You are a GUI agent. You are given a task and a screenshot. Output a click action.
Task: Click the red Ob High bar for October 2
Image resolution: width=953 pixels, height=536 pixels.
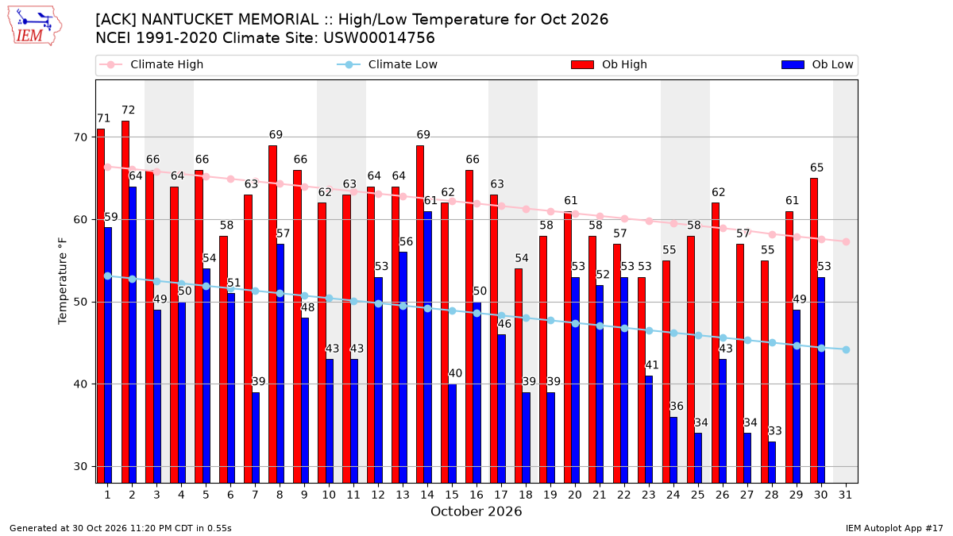click(x=125, y=302)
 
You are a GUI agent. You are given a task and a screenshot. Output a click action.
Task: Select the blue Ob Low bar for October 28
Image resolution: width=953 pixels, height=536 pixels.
click(x=772, y=462)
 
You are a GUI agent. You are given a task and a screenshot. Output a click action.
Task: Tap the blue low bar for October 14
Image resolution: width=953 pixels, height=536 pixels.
click(x=427, y=347)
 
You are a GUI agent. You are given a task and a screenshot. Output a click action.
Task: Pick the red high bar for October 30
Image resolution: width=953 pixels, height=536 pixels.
click(x=814, y=330)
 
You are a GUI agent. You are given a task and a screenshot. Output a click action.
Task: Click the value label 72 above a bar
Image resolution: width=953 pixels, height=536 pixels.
click(x=128, y=110)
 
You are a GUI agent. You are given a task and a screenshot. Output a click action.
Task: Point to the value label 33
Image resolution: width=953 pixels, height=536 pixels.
click(x=775, y=431)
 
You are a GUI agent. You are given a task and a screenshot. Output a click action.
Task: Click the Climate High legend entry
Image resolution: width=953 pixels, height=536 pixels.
click(x=152, y=64)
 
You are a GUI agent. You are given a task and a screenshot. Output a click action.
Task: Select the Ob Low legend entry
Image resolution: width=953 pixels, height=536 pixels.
click(x=817, y=64)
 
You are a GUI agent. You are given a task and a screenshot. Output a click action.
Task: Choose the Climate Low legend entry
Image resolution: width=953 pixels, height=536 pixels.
click(x=388, y=64)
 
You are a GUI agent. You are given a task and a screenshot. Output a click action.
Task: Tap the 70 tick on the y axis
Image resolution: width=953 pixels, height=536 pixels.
click(x=80, y=137)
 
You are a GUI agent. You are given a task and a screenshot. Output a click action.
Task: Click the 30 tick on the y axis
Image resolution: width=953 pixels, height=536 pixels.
click(x=80, y=467)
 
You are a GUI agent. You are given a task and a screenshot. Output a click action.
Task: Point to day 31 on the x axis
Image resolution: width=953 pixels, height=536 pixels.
click(x=845, y=495)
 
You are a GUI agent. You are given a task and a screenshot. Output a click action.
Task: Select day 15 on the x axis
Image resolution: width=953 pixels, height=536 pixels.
click(x=452, y=495)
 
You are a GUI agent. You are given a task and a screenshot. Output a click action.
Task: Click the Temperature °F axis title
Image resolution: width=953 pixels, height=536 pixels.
click(x=63, y=282)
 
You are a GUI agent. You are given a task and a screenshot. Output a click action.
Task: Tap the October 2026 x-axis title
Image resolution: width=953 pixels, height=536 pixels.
click(x=476, y=511)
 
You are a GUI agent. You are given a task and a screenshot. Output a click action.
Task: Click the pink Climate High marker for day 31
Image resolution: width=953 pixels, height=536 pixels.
click(x=847, y=242)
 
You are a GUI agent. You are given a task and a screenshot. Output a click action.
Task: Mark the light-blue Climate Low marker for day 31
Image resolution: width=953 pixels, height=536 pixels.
click(x=847, y=349)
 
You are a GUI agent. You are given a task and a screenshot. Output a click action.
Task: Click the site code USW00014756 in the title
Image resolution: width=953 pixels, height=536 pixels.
click(x=379, y=38)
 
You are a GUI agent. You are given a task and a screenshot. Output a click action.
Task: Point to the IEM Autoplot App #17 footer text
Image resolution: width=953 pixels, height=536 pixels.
click(x=894, y=528)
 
